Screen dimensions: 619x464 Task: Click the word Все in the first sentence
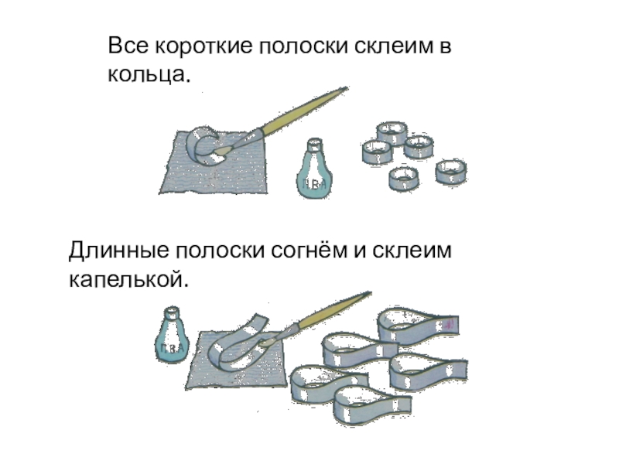[x=128, y=46]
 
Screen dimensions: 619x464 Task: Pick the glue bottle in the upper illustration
[x=314, y=168]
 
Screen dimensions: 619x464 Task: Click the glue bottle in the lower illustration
[x=172, y=335]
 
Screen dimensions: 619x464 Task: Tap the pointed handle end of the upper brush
[x=347, y=88]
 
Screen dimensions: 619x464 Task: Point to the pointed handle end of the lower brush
[x=370, y=293]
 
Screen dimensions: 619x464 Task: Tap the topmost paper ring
[x=392, y=133]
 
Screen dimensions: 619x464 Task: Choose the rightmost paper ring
[x=451, y=172]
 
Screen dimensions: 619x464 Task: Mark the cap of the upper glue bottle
[x=314, y=145]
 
